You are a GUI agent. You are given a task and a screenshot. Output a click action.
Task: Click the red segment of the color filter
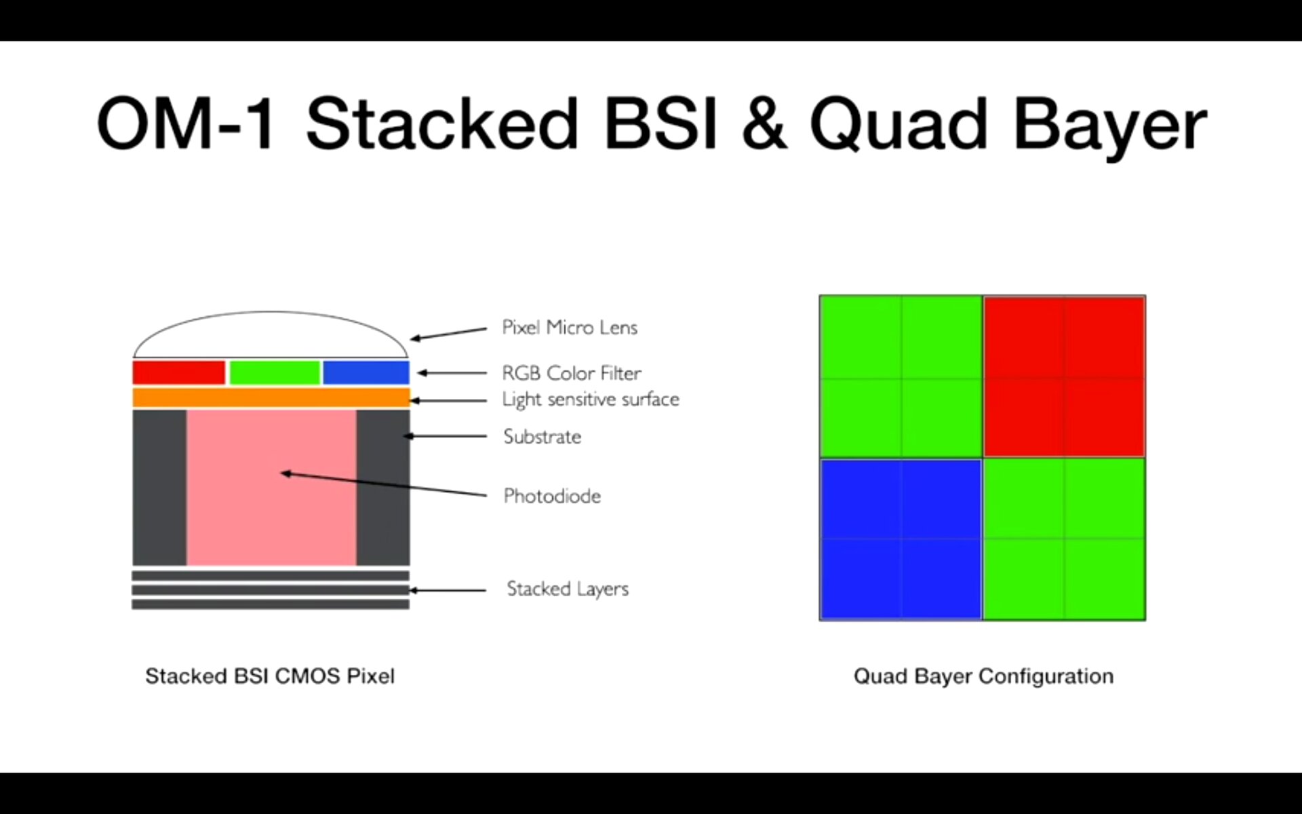178,372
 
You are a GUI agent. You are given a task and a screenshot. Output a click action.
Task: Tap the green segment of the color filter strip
275,372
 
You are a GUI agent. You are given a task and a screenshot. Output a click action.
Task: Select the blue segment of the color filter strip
366,372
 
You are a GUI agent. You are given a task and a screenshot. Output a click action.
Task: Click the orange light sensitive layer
271,398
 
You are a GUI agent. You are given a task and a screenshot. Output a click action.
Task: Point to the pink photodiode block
271,516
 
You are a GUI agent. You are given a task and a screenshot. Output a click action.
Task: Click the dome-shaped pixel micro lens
271,336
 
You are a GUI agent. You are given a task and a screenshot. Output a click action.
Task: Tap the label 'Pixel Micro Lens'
570,328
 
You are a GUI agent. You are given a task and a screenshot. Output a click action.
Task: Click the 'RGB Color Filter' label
571,373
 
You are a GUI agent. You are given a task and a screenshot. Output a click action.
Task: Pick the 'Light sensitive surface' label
590,400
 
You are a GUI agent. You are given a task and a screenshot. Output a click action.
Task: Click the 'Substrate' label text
542,436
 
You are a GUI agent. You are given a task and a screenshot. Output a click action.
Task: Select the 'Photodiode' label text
552,496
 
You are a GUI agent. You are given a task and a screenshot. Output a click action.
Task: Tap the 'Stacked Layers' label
568,589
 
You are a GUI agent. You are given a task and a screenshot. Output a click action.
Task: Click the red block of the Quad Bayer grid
1064,376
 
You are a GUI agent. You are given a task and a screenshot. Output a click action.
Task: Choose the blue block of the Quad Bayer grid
901,539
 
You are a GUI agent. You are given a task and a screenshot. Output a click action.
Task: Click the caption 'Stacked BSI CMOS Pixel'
270,676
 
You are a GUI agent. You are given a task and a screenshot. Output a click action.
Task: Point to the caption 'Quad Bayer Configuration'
983,676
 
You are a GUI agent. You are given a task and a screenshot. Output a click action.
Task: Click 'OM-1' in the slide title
186,124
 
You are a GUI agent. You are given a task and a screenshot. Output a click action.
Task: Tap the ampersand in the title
764,124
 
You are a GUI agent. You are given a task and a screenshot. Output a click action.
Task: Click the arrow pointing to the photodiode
383,484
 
